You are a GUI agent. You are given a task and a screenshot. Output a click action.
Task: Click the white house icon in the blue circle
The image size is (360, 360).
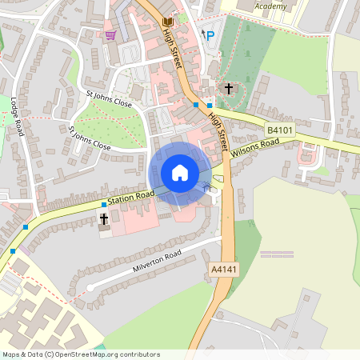180,172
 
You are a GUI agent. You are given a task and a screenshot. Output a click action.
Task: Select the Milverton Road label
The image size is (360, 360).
158,262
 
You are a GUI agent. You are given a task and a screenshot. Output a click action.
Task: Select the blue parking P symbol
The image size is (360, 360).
210,35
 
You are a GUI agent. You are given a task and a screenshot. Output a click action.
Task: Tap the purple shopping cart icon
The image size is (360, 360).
110,35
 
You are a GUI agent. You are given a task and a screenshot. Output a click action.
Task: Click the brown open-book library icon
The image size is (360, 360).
167,21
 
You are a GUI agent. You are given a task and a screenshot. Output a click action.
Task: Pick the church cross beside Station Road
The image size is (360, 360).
103,218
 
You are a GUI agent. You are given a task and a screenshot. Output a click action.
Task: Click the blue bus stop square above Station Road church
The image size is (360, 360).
103,205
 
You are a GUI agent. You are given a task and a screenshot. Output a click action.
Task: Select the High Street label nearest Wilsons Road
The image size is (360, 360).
218,126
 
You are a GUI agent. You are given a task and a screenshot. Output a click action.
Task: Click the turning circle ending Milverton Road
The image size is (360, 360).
90,286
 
